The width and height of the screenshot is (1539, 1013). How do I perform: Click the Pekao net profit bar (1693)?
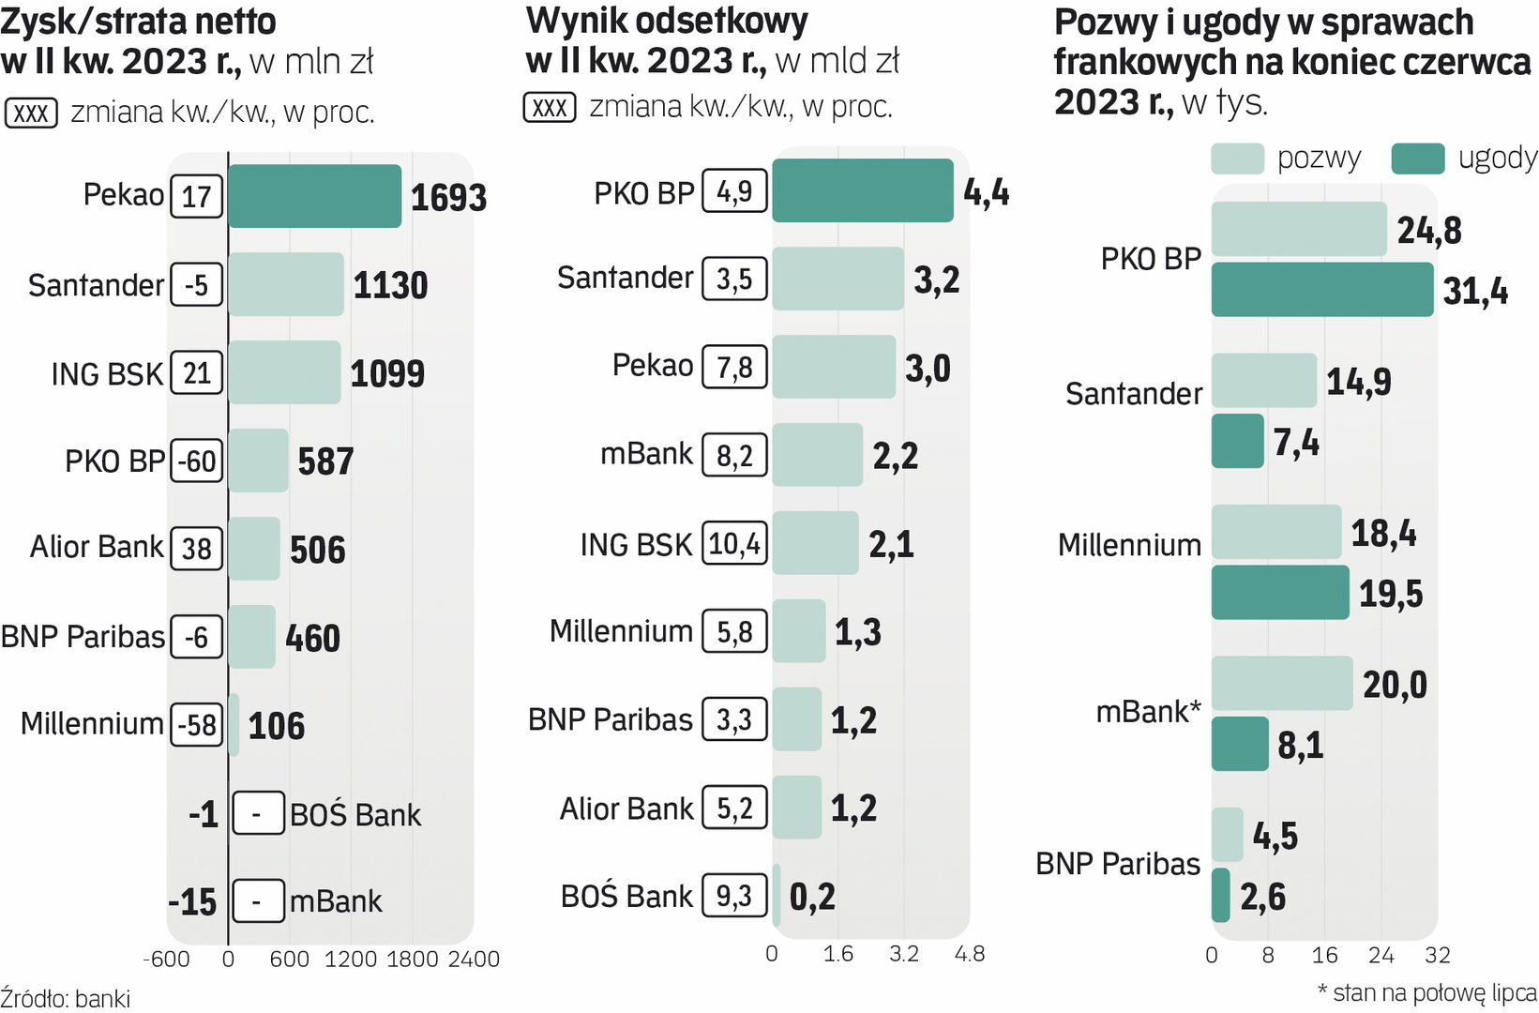tap(314, 196)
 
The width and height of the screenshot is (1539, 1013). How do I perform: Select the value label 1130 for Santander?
tap(390, 285)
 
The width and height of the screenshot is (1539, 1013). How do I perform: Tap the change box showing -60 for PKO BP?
tap(197, 461)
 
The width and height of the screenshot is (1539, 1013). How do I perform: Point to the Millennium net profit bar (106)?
tap(234, 725)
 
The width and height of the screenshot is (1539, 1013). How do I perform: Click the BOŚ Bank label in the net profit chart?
tap(355, 814)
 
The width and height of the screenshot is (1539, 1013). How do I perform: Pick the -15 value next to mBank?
tap(192, 902)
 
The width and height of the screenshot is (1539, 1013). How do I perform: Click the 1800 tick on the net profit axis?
tap(413, 959)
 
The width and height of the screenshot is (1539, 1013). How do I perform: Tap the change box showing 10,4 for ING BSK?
tap(735, 543)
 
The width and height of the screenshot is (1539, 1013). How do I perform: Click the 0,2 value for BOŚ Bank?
tap(812, 897)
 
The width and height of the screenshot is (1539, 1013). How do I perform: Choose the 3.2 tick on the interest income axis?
tap(904, 955)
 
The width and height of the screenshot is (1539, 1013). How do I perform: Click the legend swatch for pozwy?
tap(1237, 159)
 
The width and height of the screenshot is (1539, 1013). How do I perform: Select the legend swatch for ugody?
tap(1417, 159)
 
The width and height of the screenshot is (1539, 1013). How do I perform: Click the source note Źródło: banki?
tap(66, 998)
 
